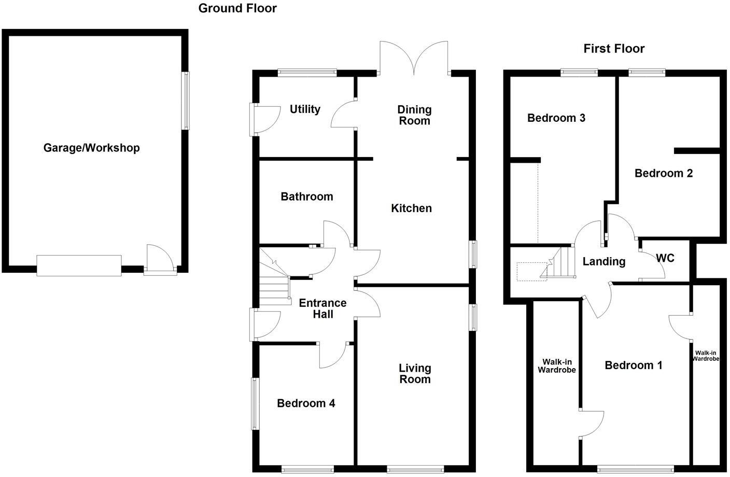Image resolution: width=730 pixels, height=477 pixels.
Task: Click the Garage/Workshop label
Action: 91,148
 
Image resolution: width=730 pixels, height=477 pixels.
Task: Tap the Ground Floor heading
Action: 237,8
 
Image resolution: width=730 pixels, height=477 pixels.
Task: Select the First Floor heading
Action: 614,49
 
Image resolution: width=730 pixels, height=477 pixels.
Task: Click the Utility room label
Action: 305,109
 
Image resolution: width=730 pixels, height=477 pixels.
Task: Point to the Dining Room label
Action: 414,115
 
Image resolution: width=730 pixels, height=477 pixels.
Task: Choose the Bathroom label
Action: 307,197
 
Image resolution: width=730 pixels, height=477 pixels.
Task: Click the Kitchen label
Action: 411,208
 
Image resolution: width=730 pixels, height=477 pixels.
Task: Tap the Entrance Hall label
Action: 322,308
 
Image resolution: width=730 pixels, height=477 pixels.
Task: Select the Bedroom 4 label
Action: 306,403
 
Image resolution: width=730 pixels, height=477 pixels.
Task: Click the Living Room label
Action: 415,373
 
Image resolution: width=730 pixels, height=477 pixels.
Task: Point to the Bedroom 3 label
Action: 556,118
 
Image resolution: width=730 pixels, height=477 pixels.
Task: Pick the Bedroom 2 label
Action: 664,173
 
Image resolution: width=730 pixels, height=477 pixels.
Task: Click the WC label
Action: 665,258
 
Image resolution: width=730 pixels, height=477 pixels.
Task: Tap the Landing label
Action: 603,261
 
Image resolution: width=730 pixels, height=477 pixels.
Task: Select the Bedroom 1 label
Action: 634,366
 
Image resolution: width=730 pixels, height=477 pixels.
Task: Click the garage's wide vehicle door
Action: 79,265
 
